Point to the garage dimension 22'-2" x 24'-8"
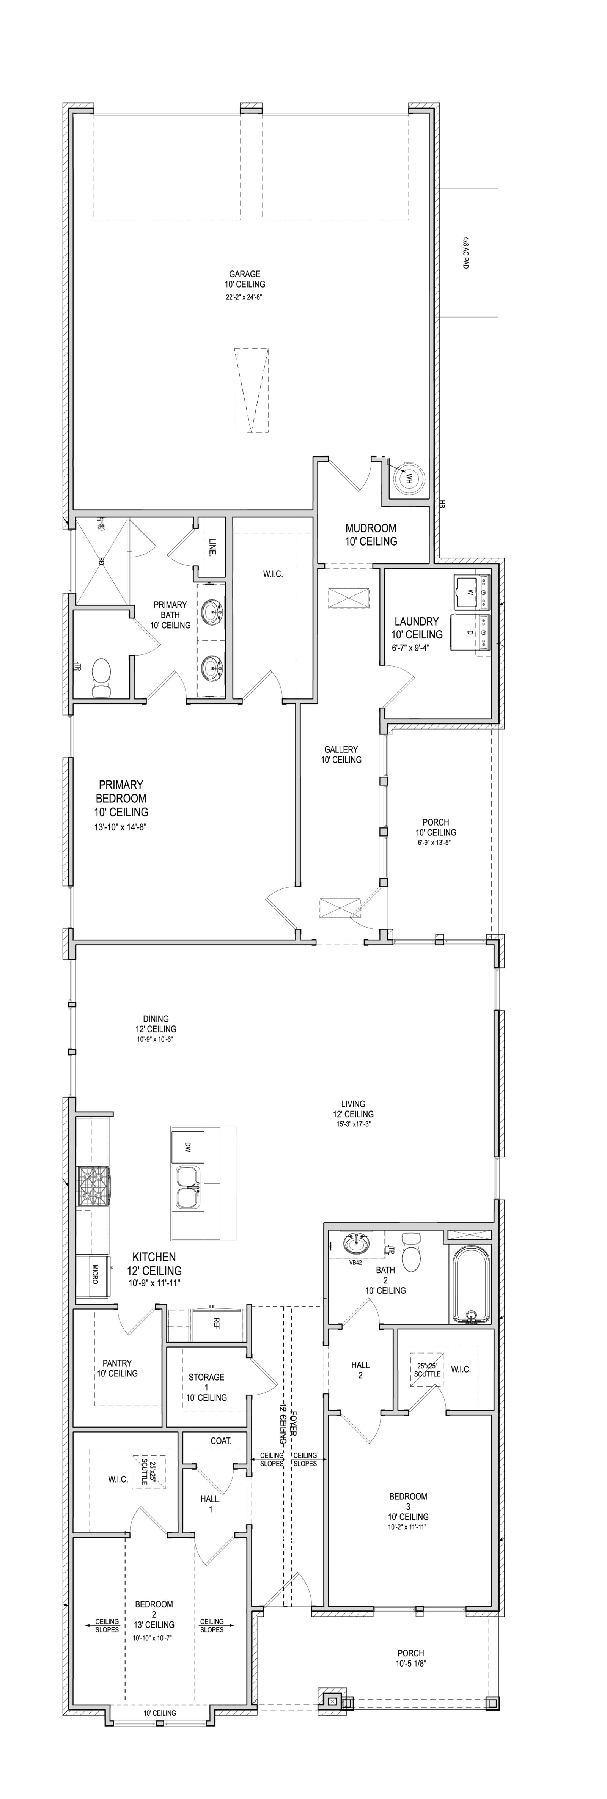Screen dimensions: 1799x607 pos(244,297)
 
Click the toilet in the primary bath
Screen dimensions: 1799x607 pos(102,677)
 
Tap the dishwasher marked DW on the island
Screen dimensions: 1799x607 pos(187,1147)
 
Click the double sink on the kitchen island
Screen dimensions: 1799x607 pos(187,1187)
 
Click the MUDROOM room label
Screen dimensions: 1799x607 pos(370,529)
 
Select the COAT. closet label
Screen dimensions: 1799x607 pos(221,1441)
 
